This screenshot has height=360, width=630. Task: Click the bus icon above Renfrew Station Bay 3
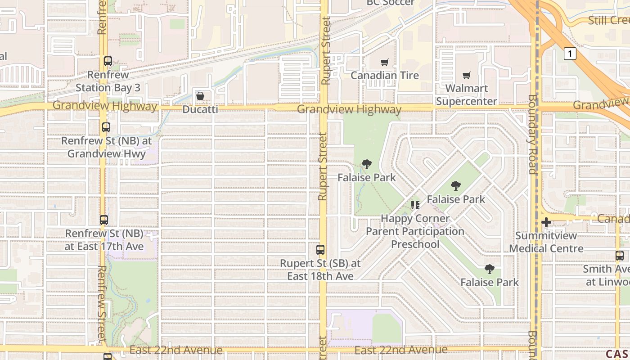click(x=108, y=61)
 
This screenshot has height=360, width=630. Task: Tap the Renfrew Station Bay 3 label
click(x=108, y=81)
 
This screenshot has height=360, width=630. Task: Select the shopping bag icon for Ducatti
click(x=200, y=96)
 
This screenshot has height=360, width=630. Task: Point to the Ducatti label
click(x=200, y=109)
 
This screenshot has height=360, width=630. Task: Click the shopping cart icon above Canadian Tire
click(x=384, y=63)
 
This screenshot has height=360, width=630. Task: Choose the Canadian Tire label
click(x=385, y=76)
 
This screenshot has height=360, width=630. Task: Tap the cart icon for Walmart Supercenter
click(x=467, y=75)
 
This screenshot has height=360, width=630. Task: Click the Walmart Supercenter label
click(x=467, y=95)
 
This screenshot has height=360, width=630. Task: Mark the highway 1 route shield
click(x=570, y=54)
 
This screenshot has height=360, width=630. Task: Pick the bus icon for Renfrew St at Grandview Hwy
click(x=106, y=127)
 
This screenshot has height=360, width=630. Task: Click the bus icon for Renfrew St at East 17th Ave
click(x=104, y=220)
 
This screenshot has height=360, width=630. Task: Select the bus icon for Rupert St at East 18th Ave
click(x=320, y=250)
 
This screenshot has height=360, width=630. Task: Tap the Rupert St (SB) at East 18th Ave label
click(x=320, y=270)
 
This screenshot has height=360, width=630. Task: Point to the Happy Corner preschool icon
click(x=415, y=205)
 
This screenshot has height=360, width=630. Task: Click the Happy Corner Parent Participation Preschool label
click(x=415, y=231)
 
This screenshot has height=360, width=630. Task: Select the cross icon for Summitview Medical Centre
click(x=546, y=222)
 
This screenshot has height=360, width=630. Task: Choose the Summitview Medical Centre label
click(x=546, y=242)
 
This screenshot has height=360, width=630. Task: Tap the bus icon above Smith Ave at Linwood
click(x=620, y=256)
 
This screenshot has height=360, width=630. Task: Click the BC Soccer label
click(x=391, y=3)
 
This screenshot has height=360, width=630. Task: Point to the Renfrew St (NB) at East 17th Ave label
click(x=104, y=240)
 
